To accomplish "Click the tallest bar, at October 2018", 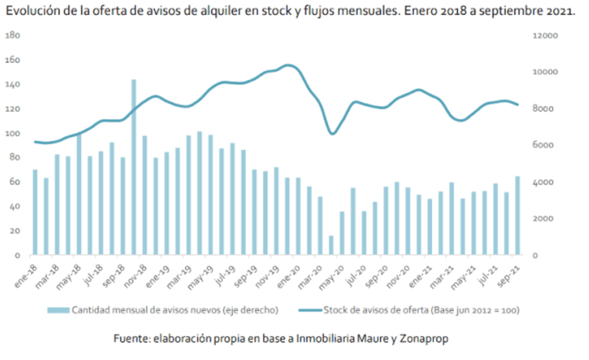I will click(134, 167).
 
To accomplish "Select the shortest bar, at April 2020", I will click(331, 245).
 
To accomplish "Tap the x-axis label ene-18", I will click(27, 272).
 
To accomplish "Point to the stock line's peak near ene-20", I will click(287, 65).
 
